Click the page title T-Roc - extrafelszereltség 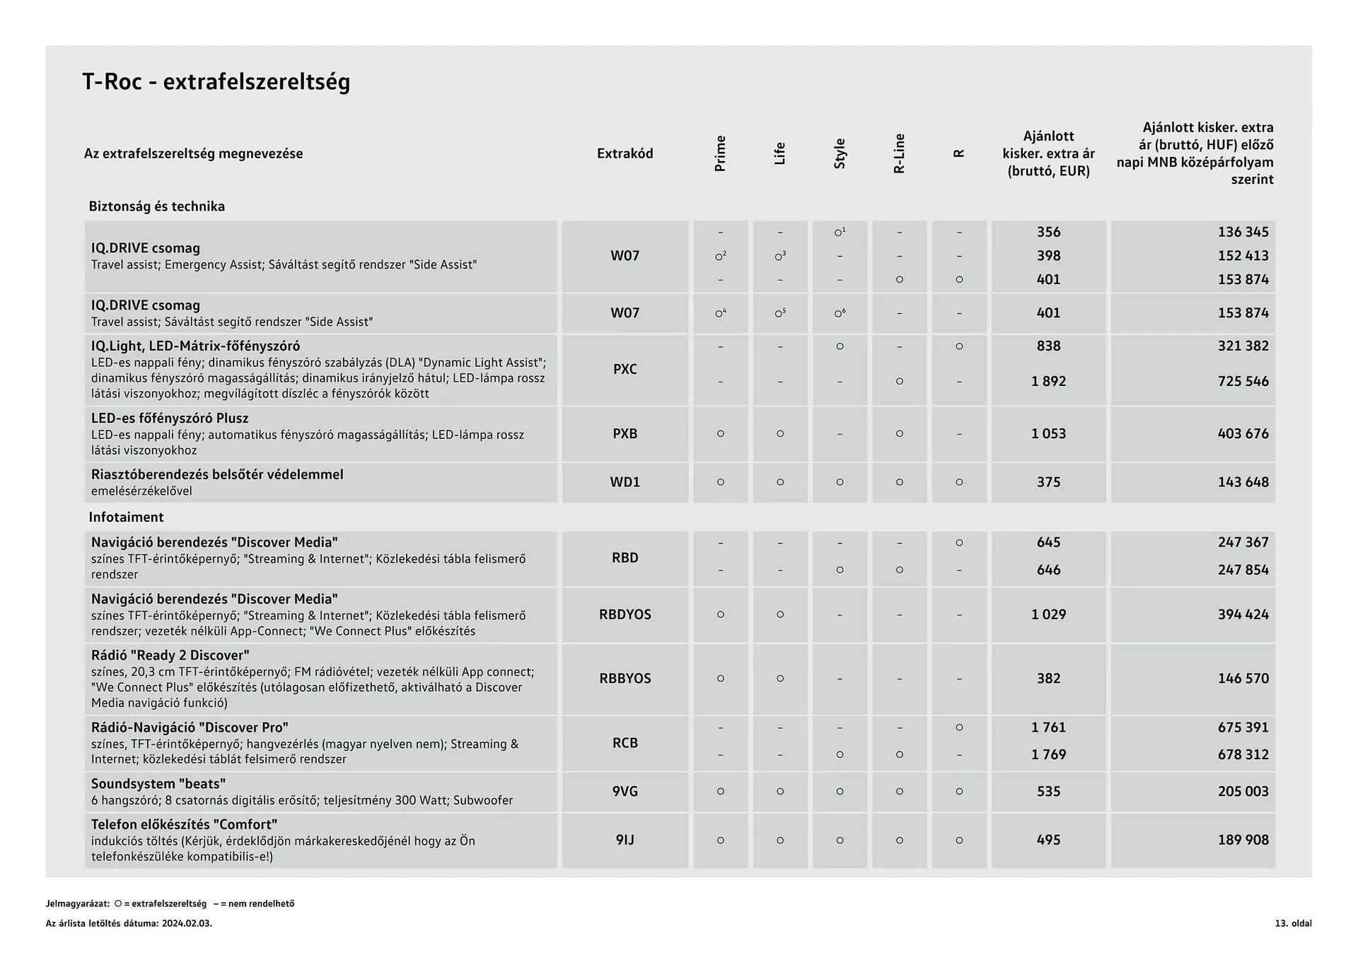tap(216, 82)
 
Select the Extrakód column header tap(625, 153)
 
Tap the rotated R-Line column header tap(899, 153)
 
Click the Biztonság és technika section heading tap(156, 206)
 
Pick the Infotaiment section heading tap(126, 517)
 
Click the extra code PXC tap(625, 369)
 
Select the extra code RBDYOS tap(625, 614)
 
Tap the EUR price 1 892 tap(1048, 381)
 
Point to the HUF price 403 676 tap(1243, 433)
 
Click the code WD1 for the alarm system tap(625, 482)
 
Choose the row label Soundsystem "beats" tap(158, 783)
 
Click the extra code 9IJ tap(625, 840)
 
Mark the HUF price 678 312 tap(1243, 754)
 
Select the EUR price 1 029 tap(1048, 614)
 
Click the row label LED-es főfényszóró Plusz tap(170, 418)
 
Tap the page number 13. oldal tap(1293, 923)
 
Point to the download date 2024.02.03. tap(187, 923)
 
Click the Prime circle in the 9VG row tap(720, 792)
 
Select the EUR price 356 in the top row tap(1048, 232)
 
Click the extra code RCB tap(625, 743)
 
